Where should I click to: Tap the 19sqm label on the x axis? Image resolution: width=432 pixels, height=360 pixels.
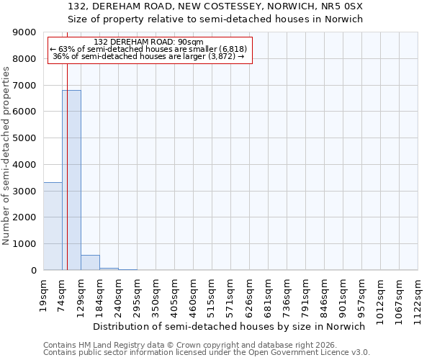43,294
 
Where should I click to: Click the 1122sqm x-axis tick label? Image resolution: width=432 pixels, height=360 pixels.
418,299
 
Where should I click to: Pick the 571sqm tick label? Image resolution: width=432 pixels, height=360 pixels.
230,297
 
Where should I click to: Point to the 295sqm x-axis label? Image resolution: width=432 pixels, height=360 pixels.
137,297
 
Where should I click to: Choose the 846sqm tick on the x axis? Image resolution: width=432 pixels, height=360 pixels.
324,297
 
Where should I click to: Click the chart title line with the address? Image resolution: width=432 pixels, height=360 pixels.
216,6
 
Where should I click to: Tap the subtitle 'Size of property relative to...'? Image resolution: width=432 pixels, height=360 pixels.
216,19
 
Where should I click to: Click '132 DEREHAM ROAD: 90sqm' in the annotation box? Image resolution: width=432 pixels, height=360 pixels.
149,42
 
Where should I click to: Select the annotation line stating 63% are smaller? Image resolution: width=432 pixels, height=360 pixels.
149,49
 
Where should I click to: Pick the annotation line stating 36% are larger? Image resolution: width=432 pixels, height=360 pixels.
149,56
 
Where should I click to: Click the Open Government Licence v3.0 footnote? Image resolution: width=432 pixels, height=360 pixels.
207,353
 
